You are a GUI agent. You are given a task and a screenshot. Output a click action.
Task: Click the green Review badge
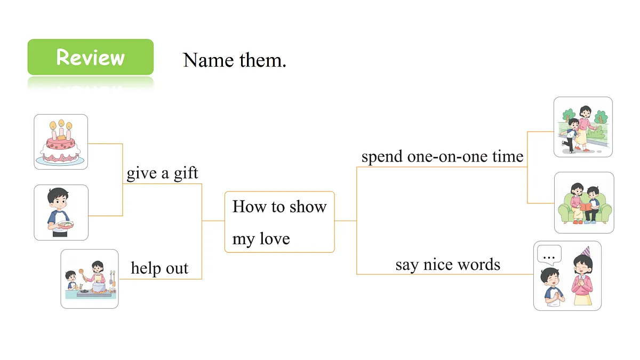(91, 57)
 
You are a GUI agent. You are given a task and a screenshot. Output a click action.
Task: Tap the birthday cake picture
(61, 142)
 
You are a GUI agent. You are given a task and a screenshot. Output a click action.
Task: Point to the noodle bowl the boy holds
(66, 225)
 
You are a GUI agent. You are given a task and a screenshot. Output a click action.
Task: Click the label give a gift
(162, 173)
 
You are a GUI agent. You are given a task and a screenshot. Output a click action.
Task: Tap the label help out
(159, 268)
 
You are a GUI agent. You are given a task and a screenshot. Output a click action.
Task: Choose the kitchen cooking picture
(90, 278)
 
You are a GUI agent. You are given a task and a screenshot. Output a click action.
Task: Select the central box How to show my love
(279, 222)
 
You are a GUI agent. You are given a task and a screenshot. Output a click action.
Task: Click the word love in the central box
(275, 238)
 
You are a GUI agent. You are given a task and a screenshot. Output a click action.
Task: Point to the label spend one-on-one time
(442, 157)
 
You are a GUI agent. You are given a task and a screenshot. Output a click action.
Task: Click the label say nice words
(447, 265)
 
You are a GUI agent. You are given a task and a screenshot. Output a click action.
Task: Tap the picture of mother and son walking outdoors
(583, 127)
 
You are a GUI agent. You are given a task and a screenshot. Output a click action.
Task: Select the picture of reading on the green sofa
(584, 203)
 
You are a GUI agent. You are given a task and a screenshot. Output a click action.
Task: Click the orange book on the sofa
(585, 207)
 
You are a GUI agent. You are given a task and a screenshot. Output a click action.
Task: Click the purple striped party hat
(586, 252)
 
